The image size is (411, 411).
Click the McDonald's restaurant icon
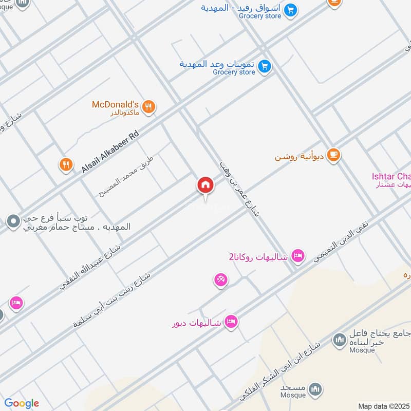[148, 107]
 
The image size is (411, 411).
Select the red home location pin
[205, 185]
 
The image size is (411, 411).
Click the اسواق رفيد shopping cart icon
[291, 9]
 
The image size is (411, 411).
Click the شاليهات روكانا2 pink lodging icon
[297, 255]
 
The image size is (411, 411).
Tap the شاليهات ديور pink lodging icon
[231, 322]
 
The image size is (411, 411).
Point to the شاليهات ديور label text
[196, 323]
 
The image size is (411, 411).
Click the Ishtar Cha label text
[391, 177]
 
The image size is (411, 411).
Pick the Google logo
[22, 403]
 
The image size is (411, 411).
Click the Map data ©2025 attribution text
[383, 406]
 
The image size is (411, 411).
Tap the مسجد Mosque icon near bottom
[317, 389]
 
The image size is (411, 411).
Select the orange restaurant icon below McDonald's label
[65, 164]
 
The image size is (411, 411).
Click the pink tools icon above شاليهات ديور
[221, 280]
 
